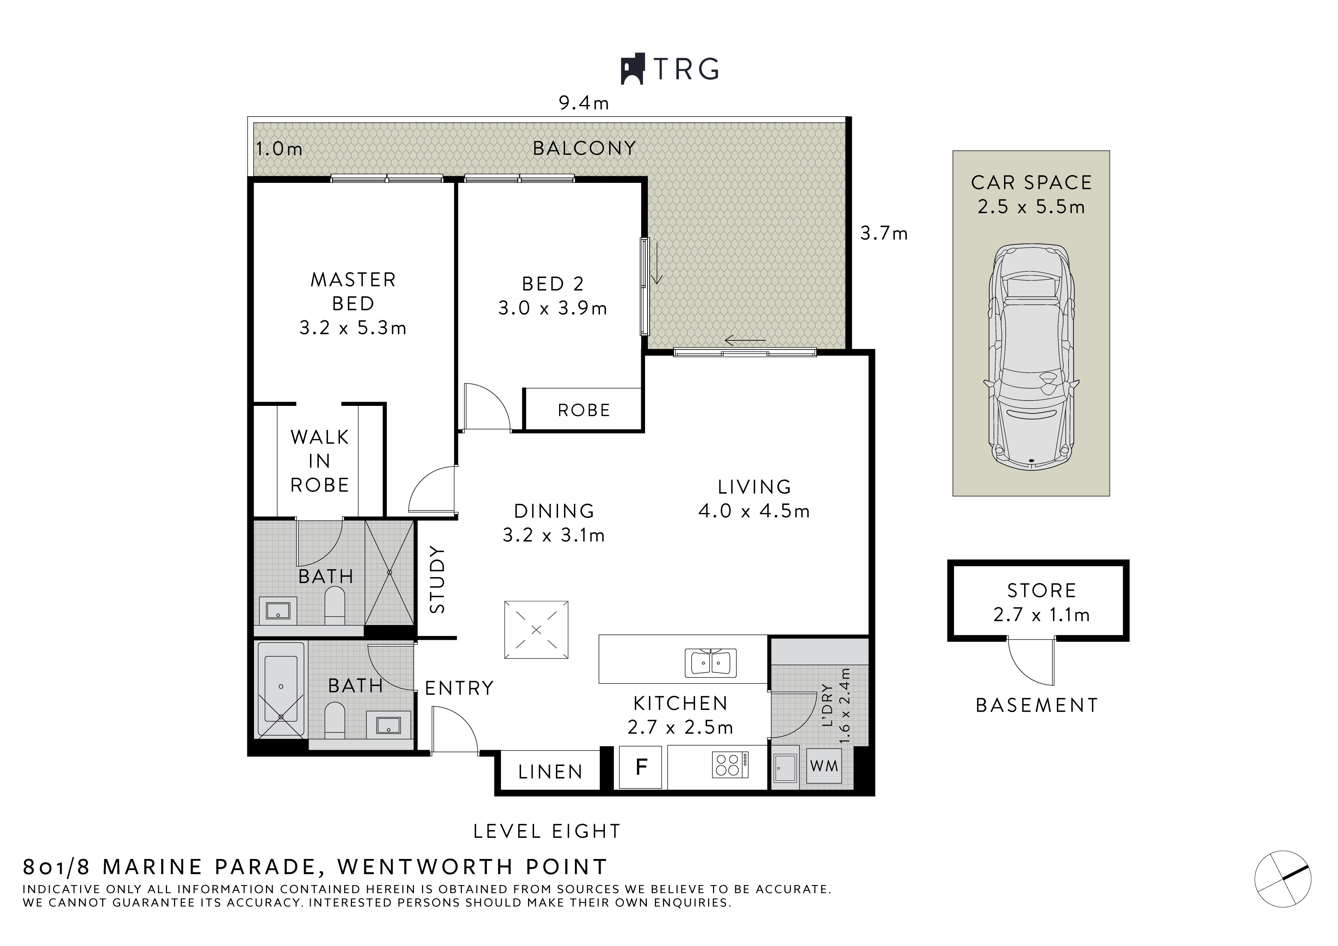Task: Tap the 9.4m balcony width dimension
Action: click(583, 103)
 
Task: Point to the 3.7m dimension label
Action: click(884, 234)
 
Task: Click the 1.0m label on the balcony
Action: click(279, 149)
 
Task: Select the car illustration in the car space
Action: click(1031, 355)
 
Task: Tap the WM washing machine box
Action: click(823, 766)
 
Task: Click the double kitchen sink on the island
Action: click(710, 663)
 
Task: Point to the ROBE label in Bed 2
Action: click(583, 410)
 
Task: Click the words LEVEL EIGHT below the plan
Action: click(547, 831)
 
